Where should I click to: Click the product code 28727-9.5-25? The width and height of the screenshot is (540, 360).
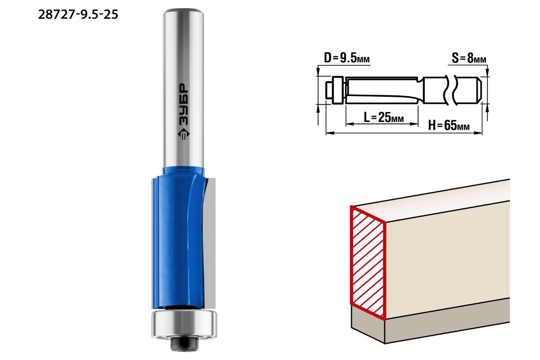pyautogui.click(x=78, y=14)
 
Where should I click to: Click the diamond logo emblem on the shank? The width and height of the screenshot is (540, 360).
pyautogui.click(x=184, y=134)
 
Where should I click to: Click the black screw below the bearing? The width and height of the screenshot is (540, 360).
pyautogui.click(x=184, y=344)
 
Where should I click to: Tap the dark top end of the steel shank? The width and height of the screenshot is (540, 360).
pyautogui.click(x=184, y=11)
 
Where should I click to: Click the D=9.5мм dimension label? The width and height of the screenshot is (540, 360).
pyautogui.click(x=346, y=58)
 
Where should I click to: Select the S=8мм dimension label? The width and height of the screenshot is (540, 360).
pyautogui.click(x=469, y=58)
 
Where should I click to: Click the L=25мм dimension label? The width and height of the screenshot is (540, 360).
pyautogui.click(x=383, y=117)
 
